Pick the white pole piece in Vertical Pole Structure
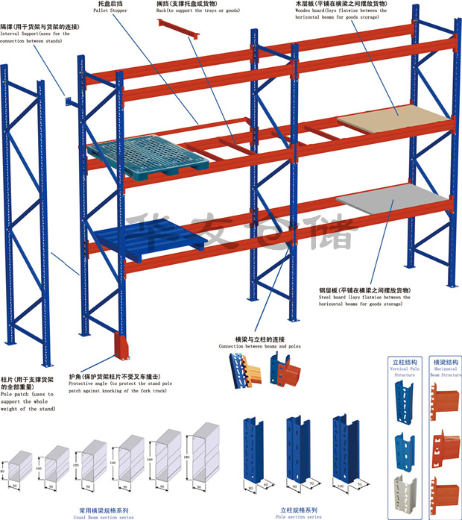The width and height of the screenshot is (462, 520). point(403,485)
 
